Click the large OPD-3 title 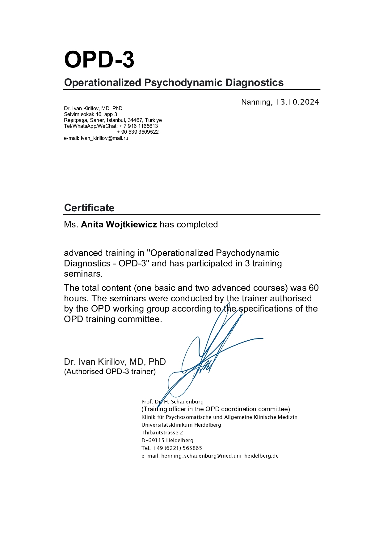point(99,60)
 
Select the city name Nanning point(256,102)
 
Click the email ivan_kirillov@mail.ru point(104,138)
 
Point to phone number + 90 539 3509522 point(138,132)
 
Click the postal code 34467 point(135,120)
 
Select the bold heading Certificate point(89,208)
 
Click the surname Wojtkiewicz point(131,225)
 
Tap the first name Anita point(92,225)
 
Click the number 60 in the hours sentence point(314,288)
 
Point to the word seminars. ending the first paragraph point(83,274)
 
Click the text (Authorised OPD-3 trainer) point(110,372)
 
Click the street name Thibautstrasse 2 point(162,433)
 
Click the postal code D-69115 point(153,441)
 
